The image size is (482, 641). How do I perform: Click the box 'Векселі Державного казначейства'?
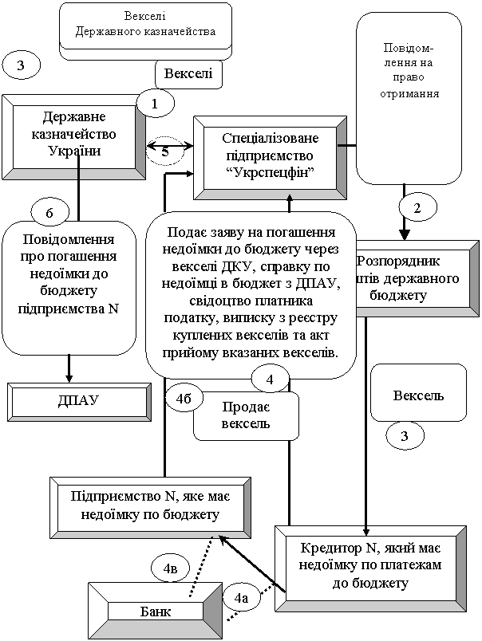pos(145,25)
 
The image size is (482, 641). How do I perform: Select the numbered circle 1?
pos(155,103)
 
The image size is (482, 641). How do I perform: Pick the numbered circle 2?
pos(417,207)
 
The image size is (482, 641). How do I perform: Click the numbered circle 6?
pos(49,213)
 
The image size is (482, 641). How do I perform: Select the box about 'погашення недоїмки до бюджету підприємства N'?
pos(68,275)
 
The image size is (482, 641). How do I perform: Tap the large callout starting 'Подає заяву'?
pos(251,292)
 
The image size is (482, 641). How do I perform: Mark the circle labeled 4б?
pos(184,397)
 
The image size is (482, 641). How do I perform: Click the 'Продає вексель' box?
pos(246,415)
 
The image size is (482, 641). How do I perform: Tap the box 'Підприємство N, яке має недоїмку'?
pos(150,506)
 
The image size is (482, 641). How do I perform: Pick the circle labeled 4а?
pos(242,597)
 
